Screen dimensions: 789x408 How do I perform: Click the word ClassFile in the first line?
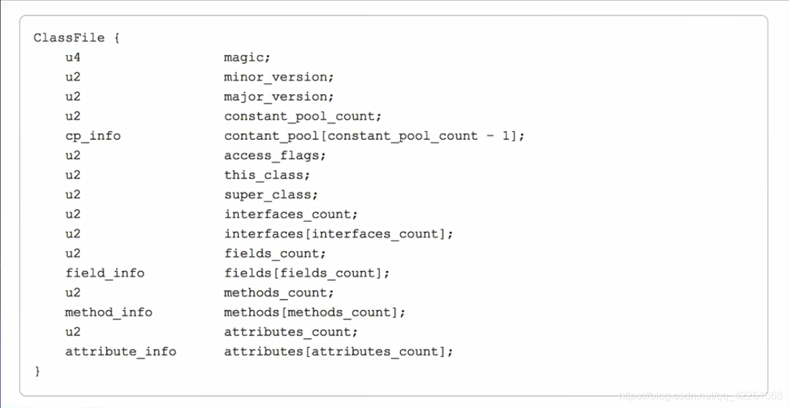(x=69, y=38)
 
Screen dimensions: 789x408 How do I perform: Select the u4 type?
(x=73, y=58)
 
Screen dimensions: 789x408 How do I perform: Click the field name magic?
(x=247, y=58)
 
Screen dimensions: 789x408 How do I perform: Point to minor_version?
(x=279, y=77)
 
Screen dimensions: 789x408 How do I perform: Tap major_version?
(x=279, y=97)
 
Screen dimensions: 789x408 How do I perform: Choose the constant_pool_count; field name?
(x=302, y=116)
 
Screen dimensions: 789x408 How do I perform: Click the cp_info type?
(x=93, y=136)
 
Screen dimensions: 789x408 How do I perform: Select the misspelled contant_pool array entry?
(x=374, y=136)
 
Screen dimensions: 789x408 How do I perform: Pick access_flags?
(x=275, y=155)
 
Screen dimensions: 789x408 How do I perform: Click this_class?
(x=267, y=175)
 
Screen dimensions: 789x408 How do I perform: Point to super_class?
(x=271, y=195)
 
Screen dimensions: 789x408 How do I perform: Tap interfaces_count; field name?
(x=291, y=214)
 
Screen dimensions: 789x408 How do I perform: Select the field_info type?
(x=105, y=273)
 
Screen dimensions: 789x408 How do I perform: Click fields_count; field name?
(x=275, y=253)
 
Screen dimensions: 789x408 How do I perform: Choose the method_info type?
(x=109, y=312)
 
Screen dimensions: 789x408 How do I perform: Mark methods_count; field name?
(x=279, y=292)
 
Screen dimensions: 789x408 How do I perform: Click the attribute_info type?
(x=121, y=352)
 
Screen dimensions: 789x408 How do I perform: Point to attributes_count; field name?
(x=291, y=332)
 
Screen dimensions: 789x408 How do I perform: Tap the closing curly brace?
(x=38, y=370)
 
